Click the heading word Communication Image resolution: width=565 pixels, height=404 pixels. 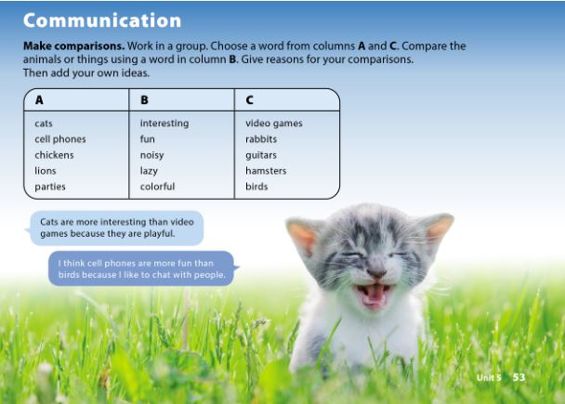(x=102, y=20)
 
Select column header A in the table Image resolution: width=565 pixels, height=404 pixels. (x=39, y=100)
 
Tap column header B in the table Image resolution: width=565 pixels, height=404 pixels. (x=144, y=100)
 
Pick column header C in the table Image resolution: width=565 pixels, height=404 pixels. (x=250, y=100)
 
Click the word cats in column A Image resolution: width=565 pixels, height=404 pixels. (x=44, y=124)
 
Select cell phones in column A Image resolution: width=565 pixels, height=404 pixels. (x=60, y=139)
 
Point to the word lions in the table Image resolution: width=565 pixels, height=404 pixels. (x=46, y=171)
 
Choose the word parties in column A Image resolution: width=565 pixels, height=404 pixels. (x=50, y=187)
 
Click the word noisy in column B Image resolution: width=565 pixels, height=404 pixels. (x=152, y=155)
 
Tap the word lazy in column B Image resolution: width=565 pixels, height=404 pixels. (x=150, y=171)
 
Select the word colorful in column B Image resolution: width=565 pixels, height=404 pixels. (x=157, y=187)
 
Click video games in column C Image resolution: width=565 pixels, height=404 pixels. (x=273, y=124)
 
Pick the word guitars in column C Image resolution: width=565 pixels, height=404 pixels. (x=261, y=155)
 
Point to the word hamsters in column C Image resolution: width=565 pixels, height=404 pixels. (x=266, y=171)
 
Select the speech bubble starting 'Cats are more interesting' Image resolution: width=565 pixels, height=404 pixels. (x=116, y=228)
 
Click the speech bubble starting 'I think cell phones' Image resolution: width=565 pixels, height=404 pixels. (x=141, y=268)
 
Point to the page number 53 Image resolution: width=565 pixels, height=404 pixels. (x=519, y=378)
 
